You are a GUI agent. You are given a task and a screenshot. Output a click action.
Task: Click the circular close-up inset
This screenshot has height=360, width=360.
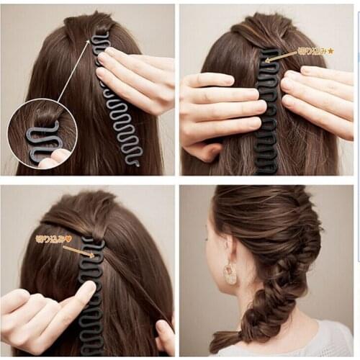click(42, 135)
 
